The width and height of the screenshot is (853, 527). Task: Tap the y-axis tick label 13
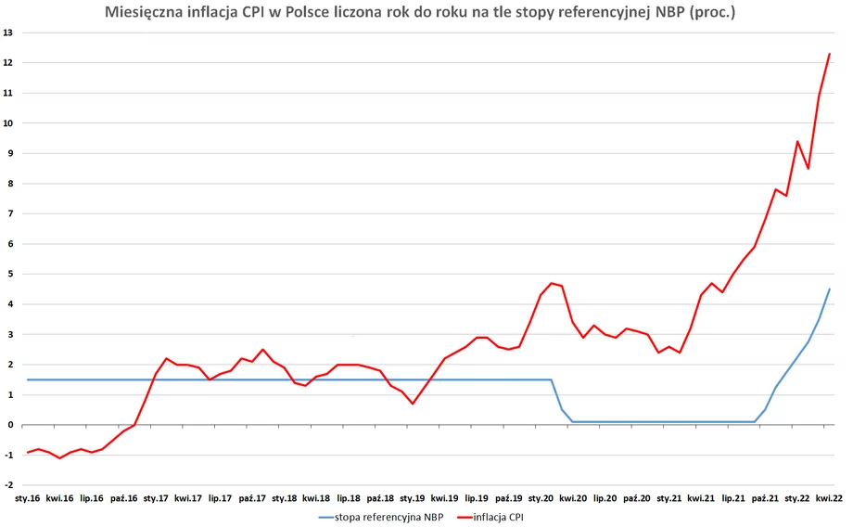(8, 32)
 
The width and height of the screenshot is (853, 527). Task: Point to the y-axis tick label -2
(8, 485)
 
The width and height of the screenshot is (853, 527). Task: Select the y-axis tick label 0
(10, 425)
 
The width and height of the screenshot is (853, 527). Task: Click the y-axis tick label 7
(10, 213)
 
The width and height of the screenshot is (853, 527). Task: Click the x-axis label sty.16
(27, 498)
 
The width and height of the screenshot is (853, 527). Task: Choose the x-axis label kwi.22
(829, 498)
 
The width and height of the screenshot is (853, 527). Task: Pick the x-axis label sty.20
(541, 498)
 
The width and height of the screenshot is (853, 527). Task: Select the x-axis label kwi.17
(187, 498)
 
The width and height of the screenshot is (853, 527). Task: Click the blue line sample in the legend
(332, 516)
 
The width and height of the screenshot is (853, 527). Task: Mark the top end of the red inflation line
(829, 54)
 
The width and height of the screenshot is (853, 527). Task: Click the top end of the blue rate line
(829, 289)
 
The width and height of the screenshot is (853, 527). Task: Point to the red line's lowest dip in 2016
(59, 458)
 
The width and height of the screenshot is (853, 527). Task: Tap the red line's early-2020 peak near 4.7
(552, 283)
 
